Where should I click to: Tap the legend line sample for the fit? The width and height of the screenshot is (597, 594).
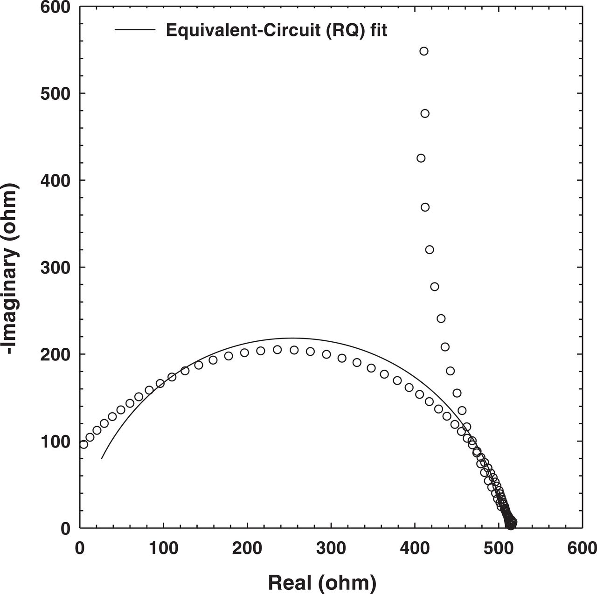(135, 30)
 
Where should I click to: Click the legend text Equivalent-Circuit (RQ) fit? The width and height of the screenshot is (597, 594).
(277, 30)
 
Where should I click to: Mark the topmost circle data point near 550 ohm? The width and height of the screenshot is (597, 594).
(423, 51)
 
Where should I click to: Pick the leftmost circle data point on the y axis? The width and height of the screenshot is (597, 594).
(83, 444)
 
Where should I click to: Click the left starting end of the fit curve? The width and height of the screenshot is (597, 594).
(102, 459)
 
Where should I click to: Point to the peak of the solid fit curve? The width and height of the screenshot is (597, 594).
(292, 338)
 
